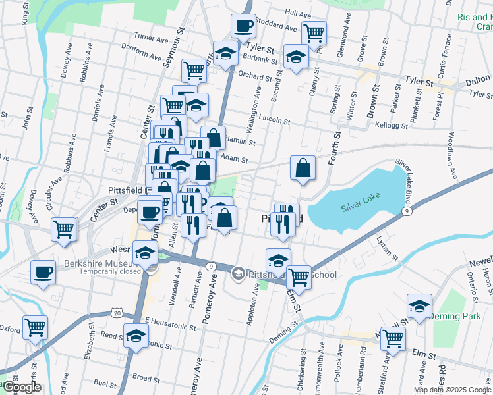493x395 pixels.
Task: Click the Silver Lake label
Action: pyautogui.click(x=361, y=207)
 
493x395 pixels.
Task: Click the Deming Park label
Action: pyautogui.click(x=453, y=316)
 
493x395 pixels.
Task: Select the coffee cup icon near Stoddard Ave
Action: pyautogui.click(x=243, y=26)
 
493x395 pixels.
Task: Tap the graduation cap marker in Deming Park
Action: pyautogui.click(x=419, y=306)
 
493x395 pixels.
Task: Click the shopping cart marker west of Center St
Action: pyautogui.click(x=65, y=229)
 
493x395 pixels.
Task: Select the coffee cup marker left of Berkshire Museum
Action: pyautogui.click(x=43, y=272)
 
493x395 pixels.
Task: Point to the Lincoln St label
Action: pyautogui.click(x=275, y=120)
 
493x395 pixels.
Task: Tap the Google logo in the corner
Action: pyautogui.click(x=21, y=388)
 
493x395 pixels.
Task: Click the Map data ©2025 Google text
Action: pyautogui.click(x=452, y=390)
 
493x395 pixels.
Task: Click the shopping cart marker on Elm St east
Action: pyautogui.click(x=393, y=339)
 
